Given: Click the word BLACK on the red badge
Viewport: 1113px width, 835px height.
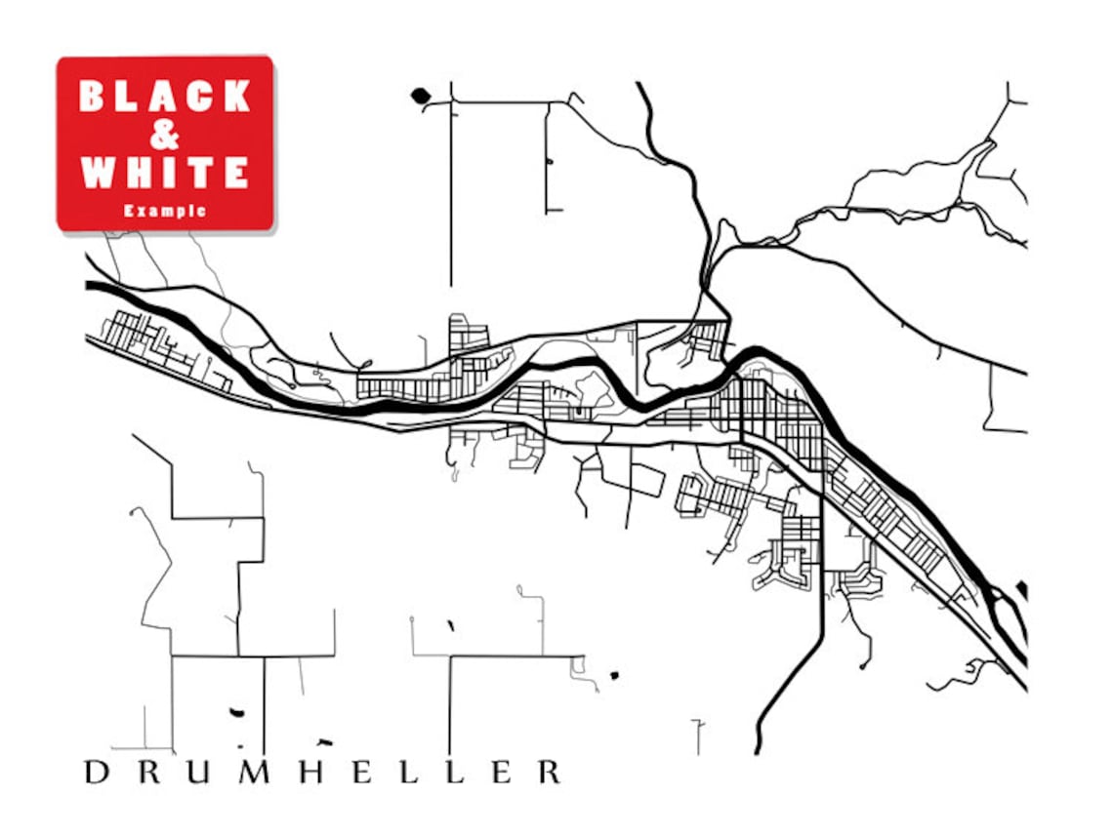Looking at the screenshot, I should [x=165, y=97].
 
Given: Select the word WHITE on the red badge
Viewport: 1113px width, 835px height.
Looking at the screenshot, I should [x=165, y=173].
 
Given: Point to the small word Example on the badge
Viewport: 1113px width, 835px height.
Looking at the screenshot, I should [x=165, y=210].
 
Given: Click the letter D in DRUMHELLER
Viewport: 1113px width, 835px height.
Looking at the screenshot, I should [x=96, y=773].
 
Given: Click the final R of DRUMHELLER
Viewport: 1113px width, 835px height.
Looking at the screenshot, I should [x=550, y=773].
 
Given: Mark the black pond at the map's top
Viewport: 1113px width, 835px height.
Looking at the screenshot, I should [x=420, y=96].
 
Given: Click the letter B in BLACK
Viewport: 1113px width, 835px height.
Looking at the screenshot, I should [x=92, y=97].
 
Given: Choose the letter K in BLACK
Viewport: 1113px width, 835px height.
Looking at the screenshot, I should [x=237, y=97].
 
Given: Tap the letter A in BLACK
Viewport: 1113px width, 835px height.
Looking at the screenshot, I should [x=164, y=97].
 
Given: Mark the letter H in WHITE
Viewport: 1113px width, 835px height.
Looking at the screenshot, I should [x=143, y=173].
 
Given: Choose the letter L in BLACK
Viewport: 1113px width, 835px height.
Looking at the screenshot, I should [x=128, y=97].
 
